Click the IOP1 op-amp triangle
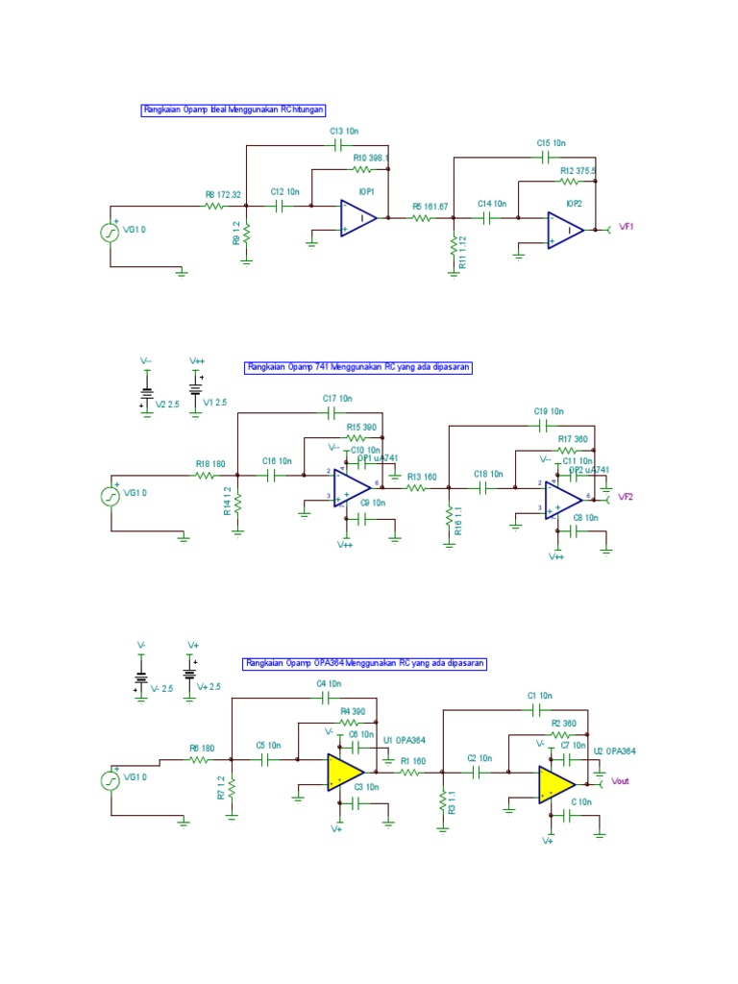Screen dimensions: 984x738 pos(357,219)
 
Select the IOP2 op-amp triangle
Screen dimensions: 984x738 pos(564,231)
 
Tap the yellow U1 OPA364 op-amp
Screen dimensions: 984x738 pos(344,772)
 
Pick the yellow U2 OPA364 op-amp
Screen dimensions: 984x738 pos(556,784)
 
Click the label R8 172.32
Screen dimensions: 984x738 pos(223,194)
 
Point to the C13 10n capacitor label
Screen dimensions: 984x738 pos(345,130)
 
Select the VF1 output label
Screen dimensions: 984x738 pos(627,228)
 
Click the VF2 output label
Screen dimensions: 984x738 pos(627,497)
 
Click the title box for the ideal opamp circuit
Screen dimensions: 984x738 pos(240,111)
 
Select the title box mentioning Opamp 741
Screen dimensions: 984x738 pos(358,367)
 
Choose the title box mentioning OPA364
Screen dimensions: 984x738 pos(364,663)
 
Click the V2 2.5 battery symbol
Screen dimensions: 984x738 pos(146,392)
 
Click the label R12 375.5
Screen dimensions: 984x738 pos(578,170)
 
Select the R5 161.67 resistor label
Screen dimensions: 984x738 pos(429,206)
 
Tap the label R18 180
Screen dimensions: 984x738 pos(210,463)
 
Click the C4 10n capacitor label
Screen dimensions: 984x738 pos(329,683)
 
